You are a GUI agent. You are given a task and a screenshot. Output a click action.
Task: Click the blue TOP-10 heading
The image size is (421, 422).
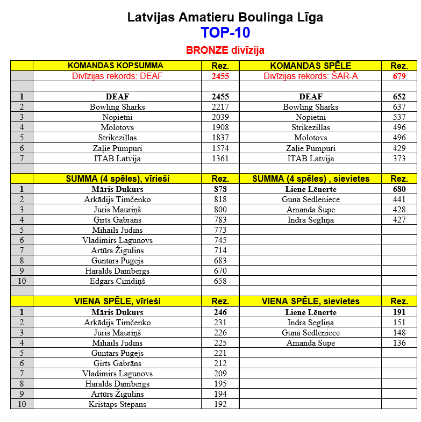pyautogui.click(x=225, y=33)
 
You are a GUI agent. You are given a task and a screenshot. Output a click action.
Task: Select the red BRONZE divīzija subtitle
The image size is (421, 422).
pyautogui.click(x=225, y=50)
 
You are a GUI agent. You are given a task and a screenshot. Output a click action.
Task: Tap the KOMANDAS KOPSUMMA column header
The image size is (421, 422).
pyautogui.click(x=117, y=66)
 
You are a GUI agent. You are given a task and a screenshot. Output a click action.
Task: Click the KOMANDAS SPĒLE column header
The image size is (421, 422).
pyautogui.click(x=310, y=66)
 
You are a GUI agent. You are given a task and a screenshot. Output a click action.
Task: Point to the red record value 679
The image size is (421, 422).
pyautogui.click(x=398, y=76)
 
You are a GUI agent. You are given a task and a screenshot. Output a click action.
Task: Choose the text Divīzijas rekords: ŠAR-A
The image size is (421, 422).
pyautogui.click(x=310, y=76)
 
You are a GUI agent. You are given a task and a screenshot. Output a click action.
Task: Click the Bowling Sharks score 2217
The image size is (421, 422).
pyautogui.click(x=220, y=107)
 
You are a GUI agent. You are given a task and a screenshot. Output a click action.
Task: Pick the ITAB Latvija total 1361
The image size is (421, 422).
pyautogui.click(x=220, y=159)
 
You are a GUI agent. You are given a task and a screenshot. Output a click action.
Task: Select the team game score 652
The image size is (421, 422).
pyautogui.click(x=398, y=97)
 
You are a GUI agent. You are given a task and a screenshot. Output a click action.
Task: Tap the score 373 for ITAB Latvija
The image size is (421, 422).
pyautogui.click(x=398, y=159)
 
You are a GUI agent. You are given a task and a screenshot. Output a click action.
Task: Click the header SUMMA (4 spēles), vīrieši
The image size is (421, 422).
pyautogui.click(x=117, y=178)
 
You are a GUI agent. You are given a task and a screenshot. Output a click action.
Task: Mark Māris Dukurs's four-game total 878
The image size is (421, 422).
pyautogui.click(x=220, y=189)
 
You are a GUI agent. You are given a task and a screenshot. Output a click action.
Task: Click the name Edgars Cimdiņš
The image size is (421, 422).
pyautogui.click(x=117, y=281)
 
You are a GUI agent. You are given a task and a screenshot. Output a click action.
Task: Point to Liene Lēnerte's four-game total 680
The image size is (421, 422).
pyautogui.click(x=398, y=189)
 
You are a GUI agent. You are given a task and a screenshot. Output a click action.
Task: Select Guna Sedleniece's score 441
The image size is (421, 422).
pyautogui.click(x=398, y=199)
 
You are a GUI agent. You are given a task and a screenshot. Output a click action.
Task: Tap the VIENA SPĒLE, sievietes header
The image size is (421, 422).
pyautogui.click(x=310, y=302)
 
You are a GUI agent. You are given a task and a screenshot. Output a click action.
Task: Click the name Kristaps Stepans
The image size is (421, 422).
pyautogui.click(x=117, y=404)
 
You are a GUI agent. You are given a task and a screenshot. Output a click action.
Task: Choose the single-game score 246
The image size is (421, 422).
pyautogui.click(x=220, y=312)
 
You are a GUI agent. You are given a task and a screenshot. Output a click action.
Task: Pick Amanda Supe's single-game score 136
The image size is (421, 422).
pyautogui.click(x=398, y=343)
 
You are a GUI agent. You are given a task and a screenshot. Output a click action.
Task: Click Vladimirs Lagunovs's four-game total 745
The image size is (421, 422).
pyautogui.click(x=220, y=240)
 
